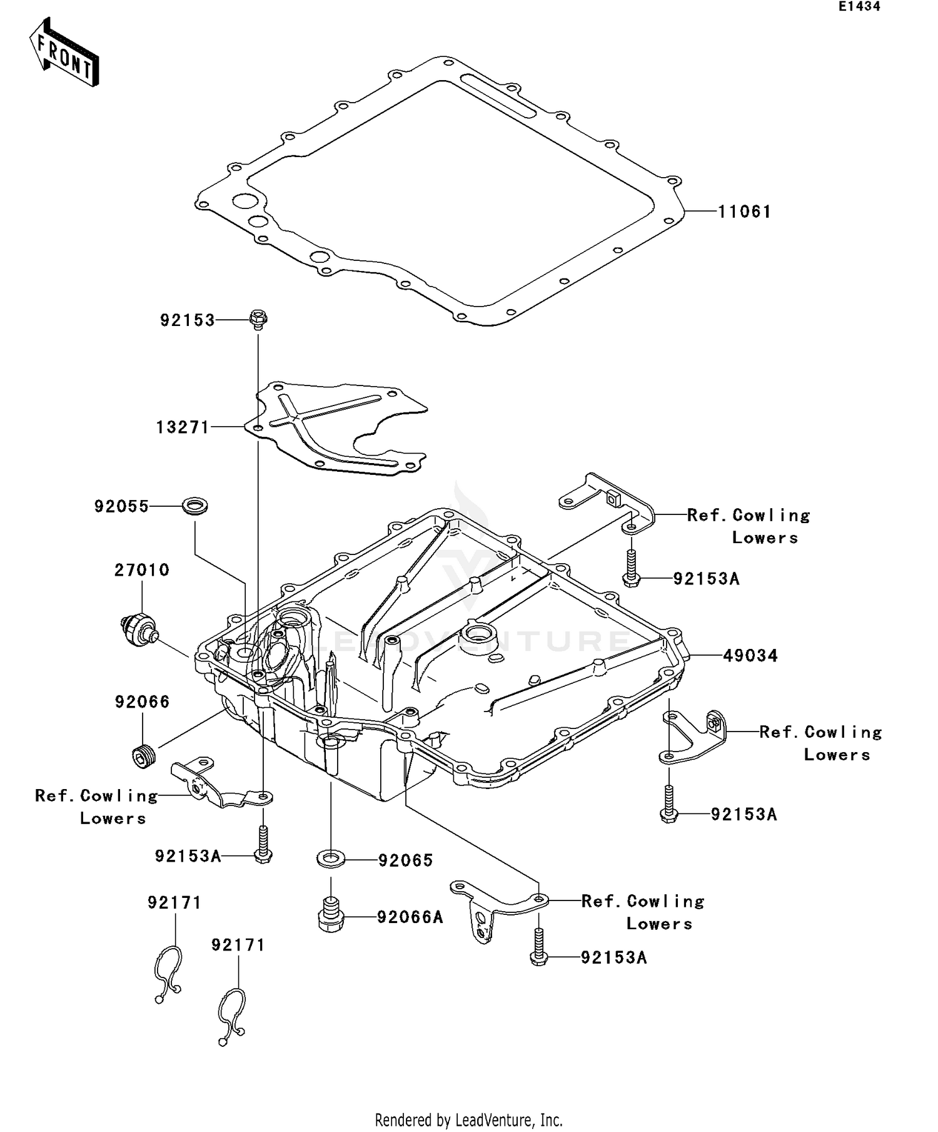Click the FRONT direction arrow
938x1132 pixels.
(64, 53)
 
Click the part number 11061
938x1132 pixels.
(744, 212)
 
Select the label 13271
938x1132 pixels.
(182, 427)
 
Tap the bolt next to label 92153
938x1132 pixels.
(258, 319)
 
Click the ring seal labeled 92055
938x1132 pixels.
(195, 506)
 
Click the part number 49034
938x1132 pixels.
(750, 656)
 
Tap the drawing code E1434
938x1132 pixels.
(859, 7)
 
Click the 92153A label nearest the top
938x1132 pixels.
(706, 579)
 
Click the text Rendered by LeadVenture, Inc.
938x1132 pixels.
(468, 1119)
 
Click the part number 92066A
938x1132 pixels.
(410, 917)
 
